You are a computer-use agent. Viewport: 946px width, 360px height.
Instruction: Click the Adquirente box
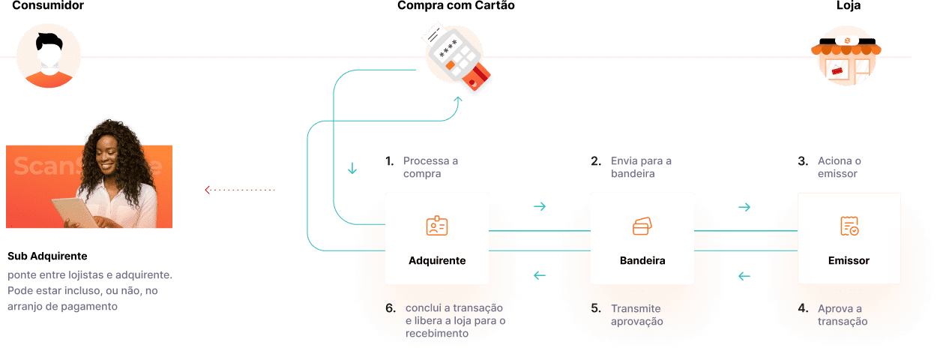point(436,238)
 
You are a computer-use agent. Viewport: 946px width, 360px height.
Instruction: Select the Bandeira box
point(642,238)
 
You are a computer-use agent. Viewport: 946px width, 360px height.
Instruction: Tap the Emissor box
point(849,238)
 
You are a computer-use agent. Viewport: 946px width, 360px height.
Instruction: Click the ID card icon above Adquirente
point(436,226)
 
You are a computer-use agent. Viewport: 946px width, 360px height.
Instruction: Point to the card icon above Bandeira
point(642,226)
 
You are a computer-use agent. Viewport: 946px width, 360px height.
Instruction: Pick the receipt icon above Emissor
point(849,226)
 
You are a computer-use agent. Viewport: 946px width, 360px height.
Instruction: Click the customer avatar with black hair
point(48,57)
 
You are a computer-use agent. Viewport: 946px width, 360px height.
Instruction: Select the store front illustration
point(846,55)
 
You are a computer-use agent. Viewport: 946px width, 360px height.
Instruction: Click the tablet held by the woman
point(75,211)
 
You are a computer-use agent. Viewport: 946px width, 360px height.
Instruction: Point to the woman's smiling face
point(111,154)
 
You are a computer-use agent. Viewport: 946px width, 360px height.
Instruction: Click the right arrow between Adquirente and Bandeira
point(539,207)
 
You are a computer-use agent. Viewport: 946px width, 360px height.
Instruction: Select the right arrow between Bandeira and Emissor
point(744,207)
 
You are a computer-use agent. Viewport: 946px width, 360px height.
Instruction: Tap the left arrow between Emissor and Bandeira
point(744,276)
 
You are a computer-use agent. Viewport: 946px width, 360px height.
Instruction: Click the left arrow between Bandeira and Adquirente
point(539,276)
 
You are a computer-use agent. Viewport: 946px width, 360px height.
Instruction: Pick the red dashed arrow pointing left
point(240,190)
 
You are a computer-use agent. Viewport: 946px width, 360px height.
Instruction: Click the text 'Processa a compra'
point(430,167)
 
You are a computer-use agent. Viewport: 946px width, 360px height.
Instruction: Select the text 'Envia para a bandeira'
point(641,167)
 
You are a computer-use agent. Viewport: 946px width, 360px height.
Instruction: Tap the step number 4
point(802,308)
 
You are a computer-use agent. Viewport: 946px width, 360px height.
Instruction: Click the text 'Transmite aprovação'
point(637,315)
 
